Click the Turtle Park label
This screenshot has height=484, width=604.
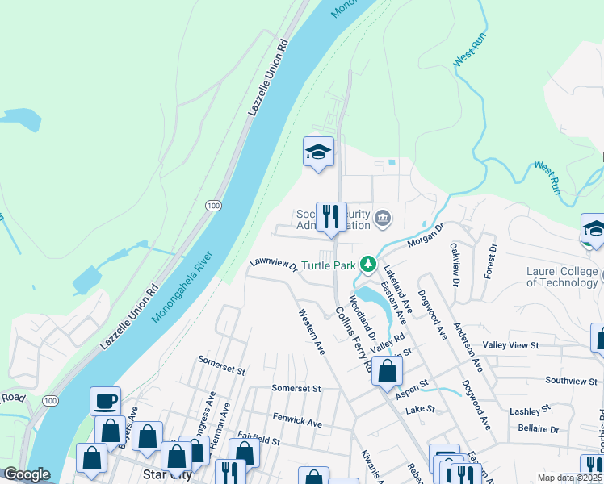(x=329, y=265)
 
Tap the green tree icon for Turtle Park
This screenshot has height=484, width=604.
(x=368, y=264)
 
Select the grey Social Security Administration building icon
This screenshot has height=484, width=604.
(x=383, y=217)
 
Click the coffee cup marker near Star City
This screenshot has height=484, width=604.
(x=106, y=400)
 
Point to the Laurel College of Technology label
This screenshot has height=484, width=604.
(x=562, y=276)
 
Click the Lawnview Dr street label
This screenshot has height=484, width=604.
(x=274, y=264)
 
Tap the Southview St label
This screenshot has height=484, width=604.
(x=571, y=379)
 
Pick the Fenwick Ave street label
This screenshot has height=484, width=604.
(x=297, y=421)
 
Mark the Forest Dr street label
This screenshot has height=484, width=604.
(x=489, y=261)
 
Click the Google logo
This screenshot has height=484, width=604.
(x=27, y=474)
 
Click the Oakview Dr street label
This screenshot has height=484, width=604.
(x=455, y=264)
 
